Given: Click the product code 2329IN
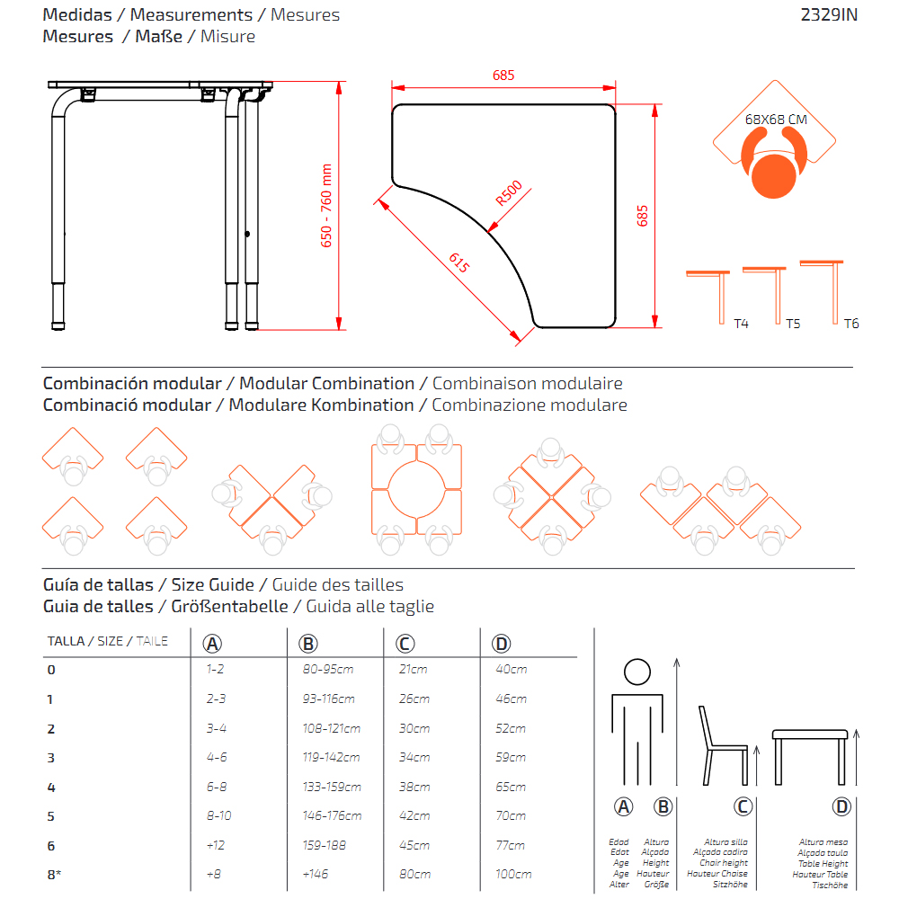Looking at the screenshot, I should pyautogui.click(x=829, y=14).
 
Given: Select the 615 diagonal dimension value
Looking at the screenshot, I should pyautogui.click(x=458, y=263).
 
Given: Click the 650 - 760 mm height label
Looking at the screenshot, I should pyautogui.click(x=326, y=206).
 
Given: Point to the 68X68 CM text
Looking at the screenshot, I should pyautogui.click(x=776, y=119).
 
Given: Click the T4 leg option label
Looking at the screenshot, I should pyautogui.click(x=741, y=324).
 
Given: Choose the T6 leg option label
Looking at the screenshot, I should pyautogui.click(x=850, y=324).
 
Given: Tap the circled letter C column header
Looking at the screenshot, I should pyautogui.click(x=405, y=643).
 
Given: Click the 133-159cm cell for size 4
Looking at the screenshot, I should pyautogui.click(x=332, y=787).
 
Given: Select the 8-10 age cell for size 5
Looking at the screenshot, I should pyautogui.click(x=218, y=815).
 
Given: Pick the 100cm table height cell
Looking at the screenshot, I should pyautogui.click(x=512, y=874).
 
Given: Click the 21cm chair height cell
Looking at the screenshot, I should pyautogui.click(x=413, y=669).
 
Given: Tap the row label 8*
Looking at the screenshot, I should pyautogui.click(x=54, y=874).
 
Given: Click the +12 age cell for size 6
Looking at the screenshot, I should pyautogui.click(x=213, y=845).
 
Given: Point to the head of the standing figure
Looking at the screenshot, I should pyautogui.click(x=636, y=672).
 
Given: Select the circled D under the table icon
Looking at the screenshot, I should pyautogui.click(x=841, y=806).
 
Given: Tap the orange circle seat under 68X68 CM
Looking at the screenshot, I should pyautogui.click(x=774, y=174).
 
